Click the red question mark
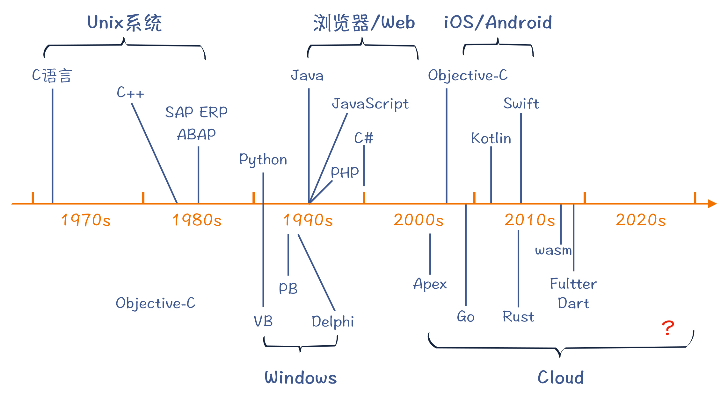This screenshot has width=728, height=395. [x=668, y=328]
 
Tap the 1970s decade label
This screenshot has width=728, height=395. [x=86, y=220]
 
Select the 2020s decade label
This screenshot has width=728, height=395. [x=641, y=220]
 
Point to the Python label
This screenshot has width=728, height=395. [x=263, y=159]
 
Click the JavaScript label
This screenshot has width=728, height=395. [x=370, y=104]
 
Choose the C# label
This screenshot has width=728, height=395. [x=364, y=138]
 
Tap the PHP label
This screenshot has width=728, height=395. [x=345, y=173]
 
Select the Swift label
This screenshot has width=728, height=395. [x=521, y=103]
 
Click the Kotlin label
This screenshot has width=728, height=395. [x=491, y=138]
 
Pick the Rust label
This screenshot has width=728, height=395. [x=518, y=317]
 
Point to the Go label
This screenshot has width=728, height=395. [x=466, y=317]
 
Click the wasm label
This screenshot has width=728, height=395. [x=553, y=250]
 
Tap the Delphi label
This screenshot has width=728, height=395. [x=333, y=321]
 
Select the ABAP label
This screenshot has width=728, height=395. [x=196, y=134]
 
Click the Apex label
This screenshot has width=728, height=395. [x=430, y=284]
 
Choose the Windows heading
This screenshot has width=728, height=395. [x=301, y=378]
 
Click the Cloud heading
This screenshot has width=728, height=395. [x=561, y=378]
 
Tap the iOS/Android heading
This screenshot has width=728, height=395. [x=498, y=22]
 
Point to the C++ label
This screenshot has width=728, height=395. [x=130, y=93]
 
